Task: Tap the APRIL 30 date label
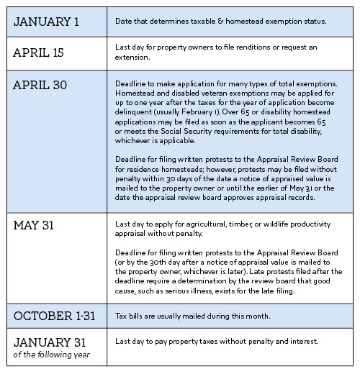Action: coord(40,86)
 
